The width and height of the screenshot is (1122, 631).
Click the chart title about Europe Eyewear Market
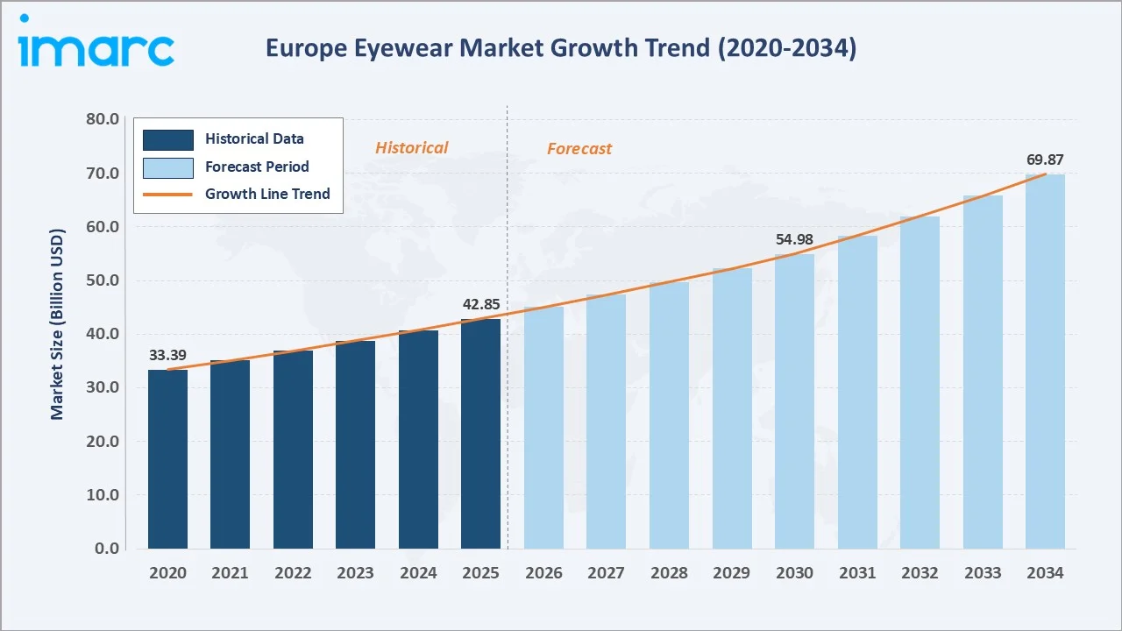[561, 49]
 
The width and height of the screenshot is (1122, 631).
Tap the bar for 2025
[481, 434]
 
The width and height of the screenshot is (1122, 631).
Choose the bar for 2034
[1045, 361]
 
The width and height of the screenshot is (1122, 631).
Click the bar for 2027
[606, 422]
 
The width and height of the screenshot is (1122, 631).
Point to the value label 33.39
[167, 355]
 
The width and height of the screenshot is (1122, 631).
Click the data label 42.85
[481, 304]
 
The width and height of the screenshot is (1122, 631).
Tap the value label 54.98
[794, 239]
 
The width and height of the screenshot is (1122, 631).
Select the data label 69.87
[1045, 160]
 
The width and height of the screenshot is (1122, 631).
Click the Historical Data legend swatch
[167, 138]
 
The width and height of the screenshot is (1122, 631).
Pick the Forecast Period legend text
[257, 167]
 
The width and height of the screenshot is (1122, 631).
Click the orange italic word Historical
[411, 148]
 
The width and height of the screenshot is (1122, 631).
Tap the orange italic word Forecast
[579, 149]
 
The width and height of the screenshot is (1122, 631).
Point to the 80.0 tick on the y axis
[103, 119]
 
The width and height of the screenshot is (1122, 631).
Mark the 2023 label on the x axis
[355, 573]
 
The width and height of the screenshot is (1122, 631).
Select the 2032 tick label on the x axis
[920, 573]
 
